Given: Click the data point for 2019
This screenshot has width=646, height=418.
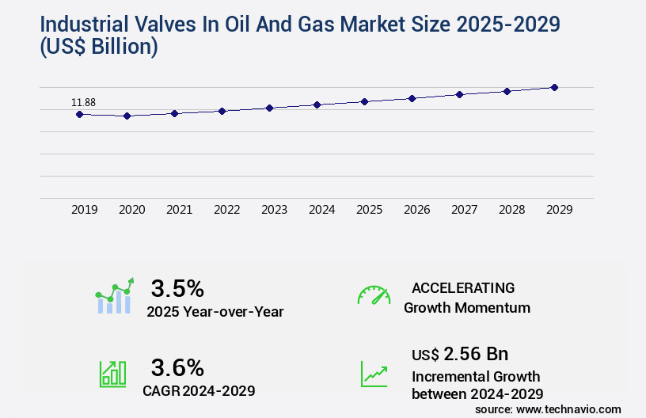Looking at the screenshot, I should point(79,114).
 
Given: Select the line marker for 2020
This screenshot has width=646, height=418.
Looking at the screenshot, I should point(127,116).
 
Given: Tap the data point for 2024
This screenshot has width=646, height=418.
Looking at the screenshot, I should point(317,104).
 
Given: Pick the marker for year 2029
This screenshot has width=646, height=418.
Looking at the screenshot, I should point(554,87).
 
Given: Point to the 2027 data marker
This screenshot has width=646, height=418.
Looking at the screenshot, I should point(459,94).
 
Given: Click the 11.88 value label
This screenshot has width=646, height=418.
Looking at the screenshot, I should point(83,102).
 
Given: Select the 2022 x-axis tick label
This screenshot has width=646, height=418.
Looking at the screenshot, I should point(226,210).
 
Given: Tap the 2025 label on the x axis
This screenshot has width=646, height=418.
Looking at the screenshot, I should point(369,210).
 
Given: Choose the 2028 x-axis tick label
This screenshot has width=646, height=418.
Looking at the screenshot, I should point(511,210).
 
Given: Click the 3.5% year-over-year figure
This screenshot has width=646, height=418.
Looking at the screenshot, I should point(177,287).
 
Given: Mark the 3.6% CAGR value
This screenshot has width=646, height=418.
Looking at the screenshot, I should point(177,367).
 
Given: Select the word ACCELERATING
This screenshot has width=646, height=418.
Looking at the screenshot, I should point(463,287).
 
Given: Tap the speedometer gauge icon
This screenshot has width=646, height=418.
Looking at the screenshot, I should point(374,294).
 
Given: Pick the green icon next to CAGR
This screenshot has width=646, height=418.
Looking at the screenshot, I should point(112,374).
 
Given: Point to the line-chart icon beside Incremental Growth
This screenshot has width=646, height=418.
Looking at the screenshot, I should point(374,374).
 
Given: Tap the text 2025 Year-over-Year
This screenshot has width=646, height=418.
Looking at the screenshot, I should point(215,311).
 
